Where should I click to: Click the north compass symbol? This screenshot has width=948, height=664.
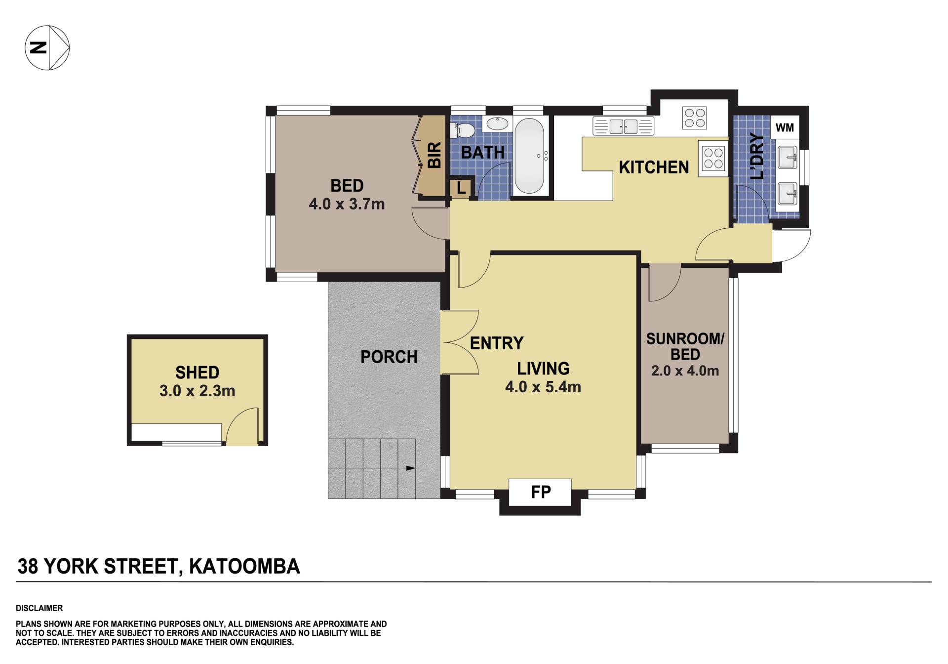tap(47, 48)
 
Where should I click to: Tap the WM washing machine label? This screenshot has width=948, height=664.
tap(785, 127)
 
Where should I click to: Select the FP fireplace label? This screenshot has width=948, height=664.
tap(541, 492)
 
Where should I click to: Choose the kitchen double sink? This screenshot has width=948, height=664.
tap(624, 126)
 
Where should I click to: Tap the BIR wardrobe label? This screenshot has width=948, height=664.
tap(434, 155)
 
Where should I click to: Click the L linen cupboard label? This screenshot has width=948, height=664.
tap(461, 188)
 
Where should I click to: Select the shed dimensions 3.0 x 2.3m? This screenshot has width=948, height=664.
tap(197, 391)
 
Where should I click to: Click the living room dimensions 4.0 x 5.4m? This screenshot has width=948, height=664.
tap(543, 387)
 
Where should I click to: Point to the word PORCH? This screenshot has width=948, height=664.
tap(389, 357)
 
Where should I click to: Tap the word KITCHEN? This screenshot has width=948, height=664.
tap(654, 167)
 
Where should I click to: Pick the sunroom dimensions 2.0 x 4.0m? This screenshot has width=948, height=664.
tap(685, 371)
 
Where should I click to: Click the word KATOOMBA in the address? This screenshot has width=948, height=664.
tap(244, 566)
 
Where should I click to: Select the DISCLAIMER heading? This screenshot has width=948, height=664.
tap(39, 608)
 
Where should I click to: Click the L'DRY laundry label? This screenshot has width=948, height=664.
tap(756, 156)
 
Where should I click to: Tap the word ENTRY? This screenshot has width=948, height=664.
tap(496, 343)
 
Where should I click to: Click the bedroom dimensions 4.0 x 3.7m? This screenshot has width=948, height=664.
tap(347, 204)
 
